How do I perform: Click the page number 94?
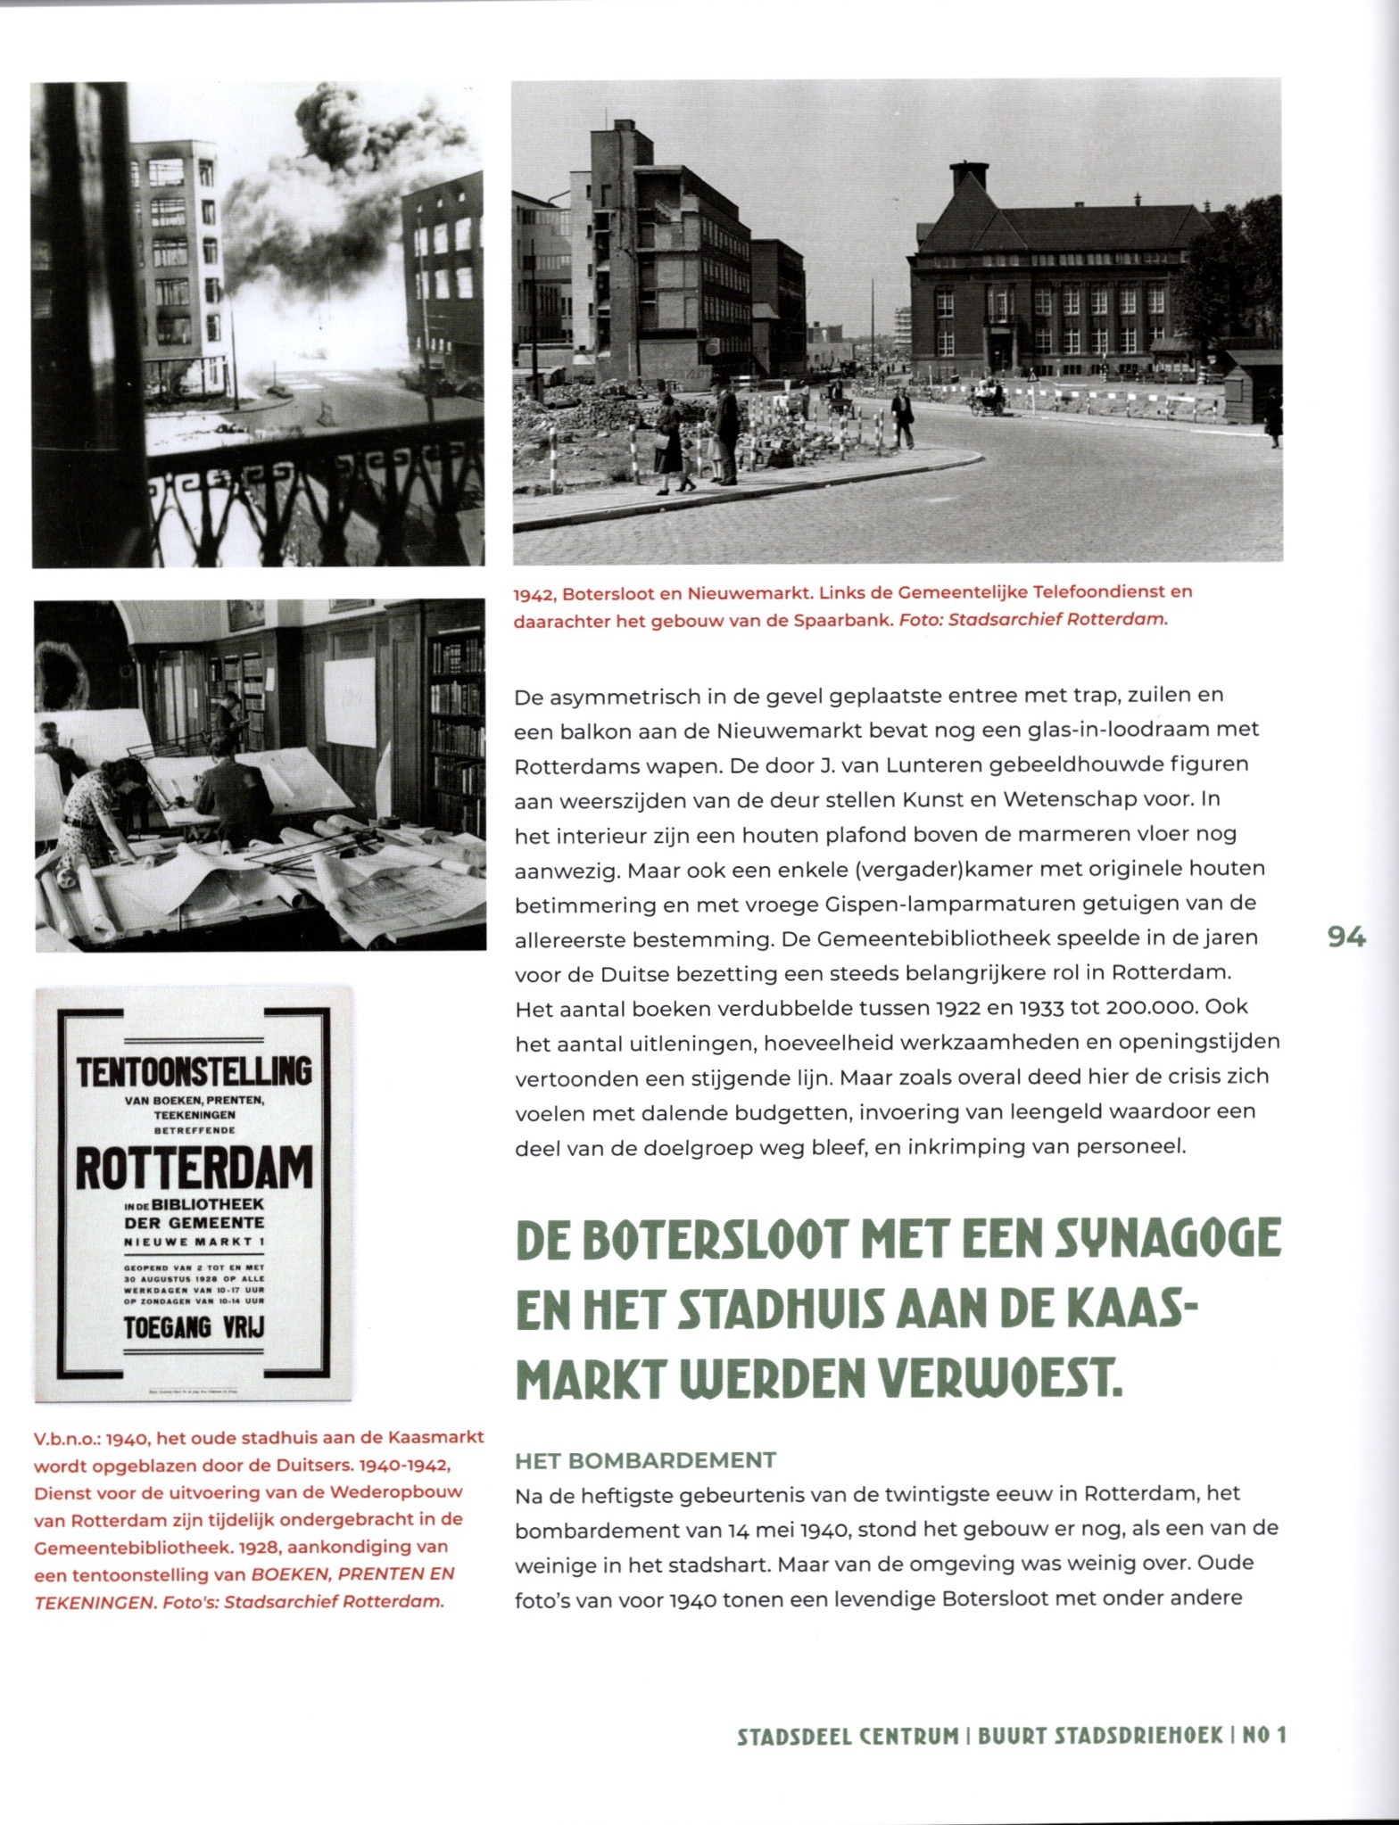[1345, 937]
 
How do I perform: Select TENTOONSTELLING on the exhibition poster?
[194, 1071]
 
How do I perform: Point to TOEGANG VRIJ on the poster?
[194, 1327]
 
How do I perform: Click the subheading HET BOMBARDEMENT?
[645, 1460]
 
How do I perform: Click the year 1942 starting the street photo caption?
[534, 592]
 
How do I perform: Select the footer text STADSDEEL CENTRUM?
[847, 1736]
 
